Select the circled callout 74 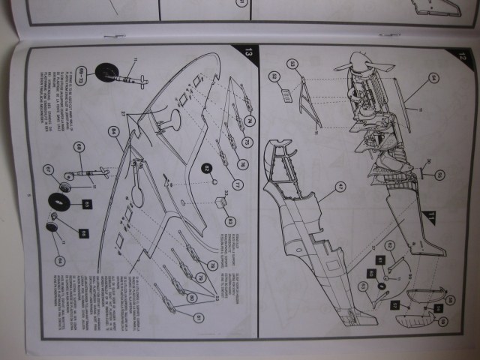pos(249,119)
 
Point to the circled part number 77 pos(239,184)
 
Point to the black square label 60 pos(371,274)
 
